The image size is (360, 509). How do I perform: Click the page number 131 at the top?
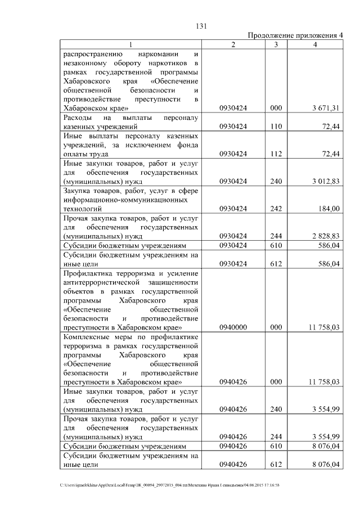202,26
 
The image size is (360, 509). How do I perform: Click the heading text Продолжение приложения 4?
296,35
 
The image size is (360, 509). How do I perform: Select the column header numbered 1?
131,44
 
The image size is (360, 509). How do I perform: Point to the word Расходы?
79,118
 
